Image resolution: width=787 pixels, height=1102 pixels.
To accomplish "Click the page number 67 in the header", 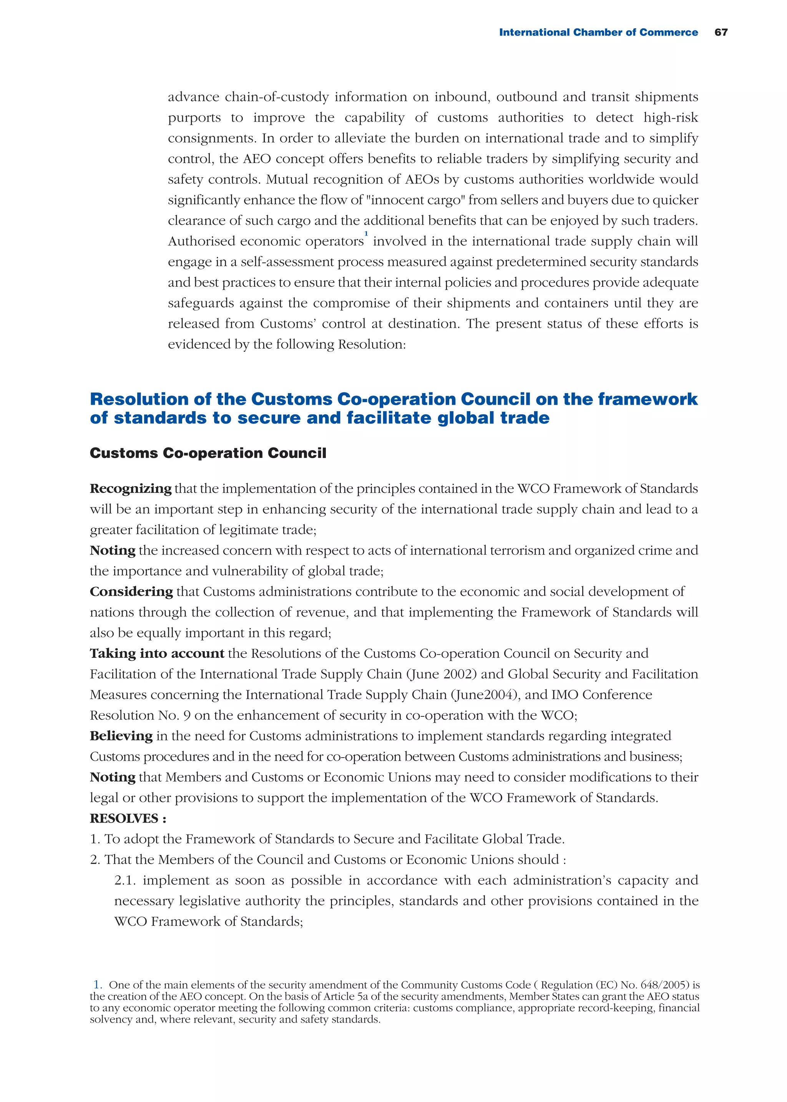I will click(x=721, y=32).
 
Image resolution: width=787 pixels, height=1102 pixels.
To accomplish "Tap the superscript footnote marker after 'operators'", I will click(x=366, y=234).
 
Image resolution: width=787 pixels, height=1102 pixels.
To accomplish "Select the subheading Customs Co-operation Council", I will click(x=208, y=453).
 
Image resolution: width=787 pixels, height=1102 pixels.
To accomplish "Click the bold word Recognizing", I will click(x=130, y=489).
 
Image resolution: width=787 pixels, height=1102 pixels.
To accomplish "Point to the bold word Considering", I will click(x=131, y=592).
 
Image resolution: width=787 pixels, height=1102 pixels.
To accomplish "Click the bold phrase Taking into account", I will click(x=157, y=653).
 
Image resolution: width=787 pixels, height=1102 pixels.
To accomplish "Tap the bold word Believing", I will click(x=121, y=736).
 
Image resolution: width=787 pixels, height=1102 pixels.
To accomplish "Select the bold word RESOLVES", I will click(x=125, y=818).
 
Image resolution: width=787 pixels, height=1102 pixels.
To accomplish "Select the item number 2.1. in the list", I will click(x=126, y=880).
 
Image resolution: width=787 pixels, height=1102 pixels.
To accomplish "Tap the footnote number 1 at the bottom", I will click(x=97, y=985).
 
